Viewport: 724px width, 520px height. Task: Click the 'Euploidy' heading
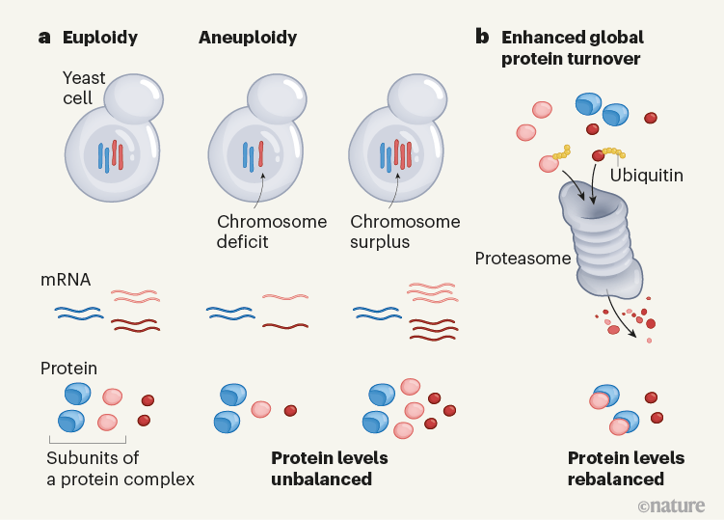tap(99, 39)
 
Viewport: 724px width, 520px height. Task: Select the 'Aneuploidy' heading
tap(247, 39)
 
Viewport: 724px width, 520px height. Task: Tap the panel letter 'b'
tap(482, 38)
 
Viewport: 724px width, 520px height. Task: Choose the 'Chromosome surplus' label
tap(405, 232)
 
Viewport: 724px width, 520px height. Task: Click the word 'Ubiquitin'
tap(647, 177)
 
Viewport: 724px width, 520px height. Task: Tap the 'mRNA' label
tap(65, 282)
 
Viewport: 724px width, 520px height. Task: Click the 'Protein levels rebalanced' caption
tap(626, 468)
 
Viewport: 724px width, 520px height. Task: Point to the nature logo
tap(671, 506)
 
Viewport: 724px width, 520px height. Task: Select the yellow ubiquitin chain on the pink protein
tap(560, 152)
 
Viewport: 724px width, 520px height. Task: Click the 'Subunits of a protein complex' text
tap(120, 468)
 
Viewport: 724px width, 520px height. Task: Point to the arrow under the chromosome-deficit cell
tap(260, 193)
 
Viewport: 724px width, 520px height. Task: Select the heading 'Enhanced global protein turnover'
tap(573, 48)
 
